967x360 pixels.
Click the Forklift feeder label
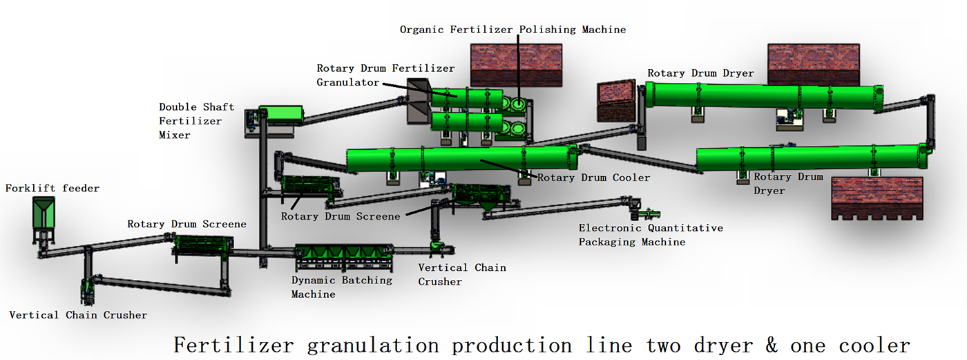(52, 188)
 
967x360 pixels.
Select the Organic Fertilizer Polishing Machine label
(513, 30)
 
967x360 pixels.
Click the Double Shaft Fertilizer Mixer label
(196, 121)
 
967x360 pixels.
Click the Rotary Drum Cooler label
(593, 178)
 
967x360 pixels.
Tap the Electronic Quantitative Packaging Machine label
(651, 235)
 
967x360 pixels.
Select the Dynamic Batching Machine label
(341, 287)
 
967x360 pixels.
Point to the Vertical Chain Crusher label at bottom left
(78, 315)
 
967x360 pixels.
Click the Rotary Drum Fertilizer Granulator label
(385, 75)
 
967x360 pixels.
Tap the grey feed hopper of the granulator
(419, 101)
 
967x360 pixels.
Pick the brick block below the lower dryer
(877, 198)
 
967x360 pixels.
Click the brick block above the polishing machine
(517, 65)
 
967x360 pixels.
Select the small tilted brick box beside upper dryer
(616, 101)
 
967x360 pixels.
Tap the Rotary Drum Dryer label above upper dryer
(700, 73)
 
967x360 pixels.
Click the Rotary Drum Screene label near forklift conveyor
(187, 224)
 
